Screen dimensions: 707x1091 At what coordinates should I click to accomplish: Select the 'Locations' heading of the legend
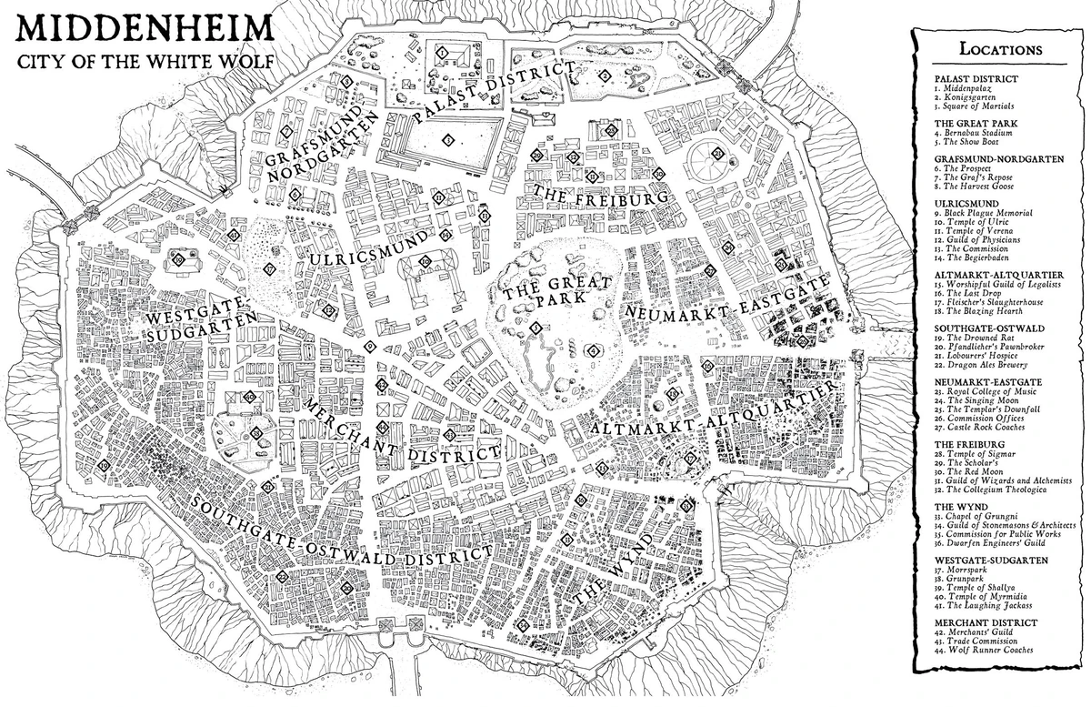(x=1000, y=49)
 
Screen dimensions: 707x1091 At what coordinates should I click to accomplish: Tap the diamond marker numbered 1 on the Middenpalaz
(x=443, y=54)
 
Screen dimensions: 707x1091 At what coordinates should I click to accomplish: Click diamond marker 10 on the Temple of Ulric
(x=425, y=262)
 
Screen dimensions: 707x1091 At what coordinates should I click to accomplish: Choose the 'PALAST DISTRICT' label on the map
(x=495, y=92)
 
